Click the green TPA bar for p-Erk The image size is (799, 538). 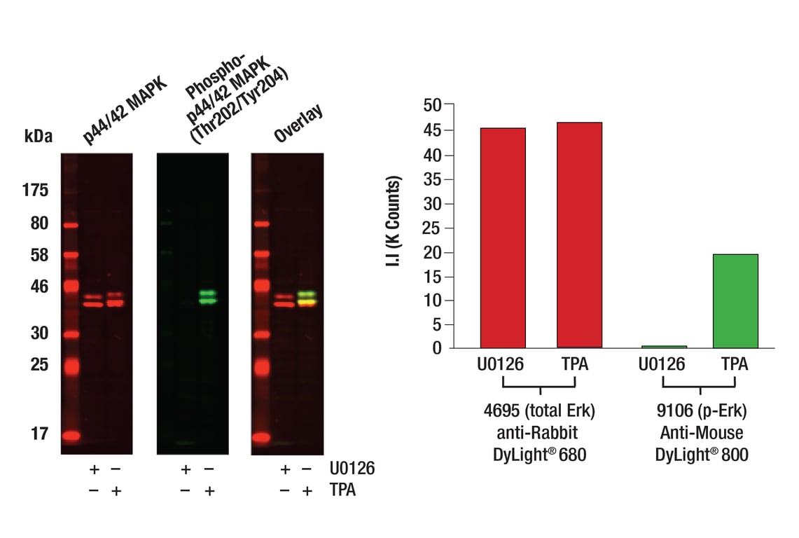tap(735, 301)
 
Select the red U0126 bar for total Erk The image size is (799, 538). tap(503, 237)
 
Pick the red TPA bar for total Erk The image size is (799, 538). tap(579, 235)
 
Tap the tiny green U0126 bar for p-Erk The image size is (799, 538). tap(664, 346)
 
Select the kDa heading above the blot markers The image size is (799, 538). tap(39, 136)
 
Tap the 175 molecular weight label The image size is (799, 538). tap(35, 190)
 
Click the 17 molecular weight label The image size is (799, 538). tap(39, 434)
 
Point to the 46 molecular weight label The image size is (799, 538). tap(39, 286)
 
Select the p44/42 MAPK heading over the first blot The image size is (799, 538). tap(125, 111)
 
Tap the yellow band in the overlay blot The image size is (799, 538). tap(307, 302)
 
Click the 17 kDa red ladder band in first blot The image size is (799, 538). tap(71, 436)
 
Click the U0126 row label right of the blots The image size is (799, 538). tap(352, 469)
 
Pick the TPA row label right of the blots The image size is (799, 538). tap(342, 490)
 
